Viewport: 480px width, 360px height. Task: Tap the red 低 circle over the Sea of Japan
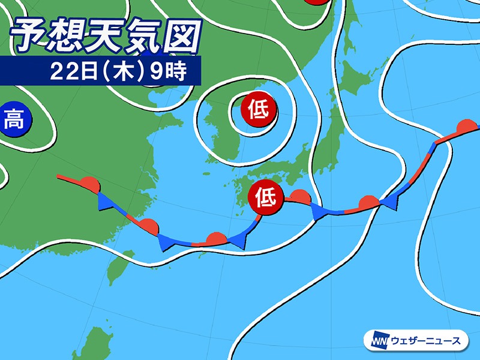click(x=259, y=110)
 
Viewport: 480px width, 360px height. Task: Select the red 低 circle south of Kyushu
click(x=266, y=196)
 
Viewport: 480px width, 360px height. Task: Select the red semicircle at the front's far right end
click(x=465, y=127)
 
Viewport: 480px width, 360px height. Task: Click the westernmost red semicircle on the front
click(x=89, y=182)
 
